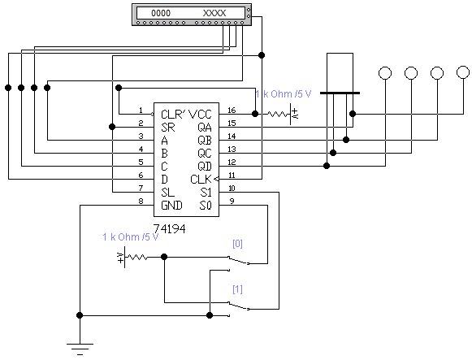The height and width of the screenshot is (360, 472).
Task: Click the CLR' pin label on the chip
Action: [174, 115]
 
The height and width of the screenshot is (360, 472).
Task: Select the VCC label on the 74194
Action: [200, 115]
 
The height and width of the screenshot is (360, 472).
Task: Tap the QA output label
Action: [205, 128]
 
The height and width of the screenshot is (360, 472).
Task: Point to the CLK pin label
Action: [201, 180]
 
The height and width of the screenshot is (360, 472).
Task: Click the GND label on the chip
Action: [171, 206]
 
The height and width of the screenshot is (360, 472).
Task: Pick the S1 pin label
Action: [206, 192]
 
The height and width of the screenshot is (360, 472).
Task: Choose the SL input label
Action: [167, 192]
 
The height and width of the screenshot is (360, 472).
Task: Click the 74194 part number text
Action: [169, 229]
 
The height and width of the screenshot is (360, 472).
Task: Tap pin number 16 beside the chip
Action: [232, 111]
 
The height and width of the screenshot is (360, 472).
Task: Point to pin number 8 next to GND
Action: [141, 201]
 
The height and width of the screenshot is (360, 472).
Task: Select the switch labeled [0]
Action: [238, 260]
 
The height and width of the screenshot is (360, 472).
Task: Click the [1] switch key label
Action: [237, 289]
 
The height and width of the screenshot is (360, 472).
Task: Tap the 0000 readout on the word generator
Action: [161, 13]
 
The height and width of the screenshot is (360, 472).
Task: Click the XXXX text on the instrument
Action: [214, 13]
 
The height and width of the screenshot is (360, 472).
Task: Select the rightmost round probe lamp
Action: [463, 72]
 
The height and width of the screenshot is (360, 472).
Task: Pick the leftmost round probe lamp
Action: [385, 73]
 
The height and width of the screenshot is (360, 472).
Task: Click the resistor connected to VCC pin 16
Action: [278, 114]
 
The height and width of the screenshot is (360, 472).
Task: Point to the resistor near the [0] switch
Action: [136, 258]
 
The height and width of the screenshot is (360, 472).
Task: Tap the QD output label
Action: [205, 166]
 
